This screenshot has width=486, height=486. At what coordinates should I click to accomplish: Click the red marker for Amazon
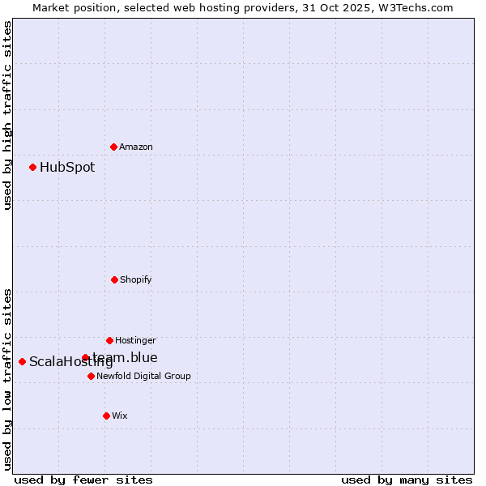[x=113, y=147]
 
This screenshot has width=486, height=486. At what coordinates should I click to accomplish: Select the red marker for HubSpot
[x=32, y=167]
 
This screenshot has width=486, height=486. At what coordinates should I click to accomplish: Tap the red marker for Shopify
[x=114, y=279]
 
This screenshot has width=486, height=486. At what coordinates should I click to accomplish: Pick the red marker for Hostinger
[x=109, y=340]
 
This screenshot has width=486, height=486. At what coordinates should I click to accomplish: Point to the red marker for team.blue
[x=85, y=357]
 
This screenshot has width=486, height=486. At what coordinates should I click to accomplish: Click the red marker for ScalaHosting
[x=22, y=361]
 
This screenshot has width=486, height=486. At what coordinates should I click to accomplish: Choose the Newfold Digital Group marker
[x=91, y=376]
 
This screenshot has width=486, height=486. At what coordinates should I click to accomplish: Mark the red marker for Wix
[x=106, y=416]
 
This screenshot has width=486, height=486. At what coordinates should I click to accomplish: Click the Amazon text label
[x=136, y=147]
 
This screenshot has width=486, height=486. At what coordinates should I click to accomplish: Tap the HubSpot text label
[x=67, y=168]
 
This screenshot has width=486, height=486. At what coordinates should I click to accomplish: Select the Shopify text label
[x=136, y=279]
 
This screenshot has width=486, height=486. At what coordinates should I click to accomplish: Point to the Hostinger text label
[x=135, y=340]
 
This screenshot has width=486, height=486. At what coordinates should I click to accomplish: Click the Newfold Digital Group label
[x=144, y=376]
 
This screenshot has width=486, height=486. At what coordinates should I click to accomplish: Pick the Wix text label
[x=120, y=416]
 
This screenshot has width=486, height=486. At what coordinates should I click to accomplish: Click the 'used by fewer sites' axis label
[x=83, y=480]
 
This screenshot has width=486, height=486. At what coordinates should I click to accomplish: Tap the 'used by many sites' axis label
[x=407, y=480]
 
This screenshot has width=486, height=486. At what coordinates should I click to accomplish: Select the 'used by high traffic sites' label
[x=7, y=115]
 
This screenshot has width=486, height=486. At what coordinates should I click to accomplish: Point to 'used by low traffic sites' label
[x=7, y=379]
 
